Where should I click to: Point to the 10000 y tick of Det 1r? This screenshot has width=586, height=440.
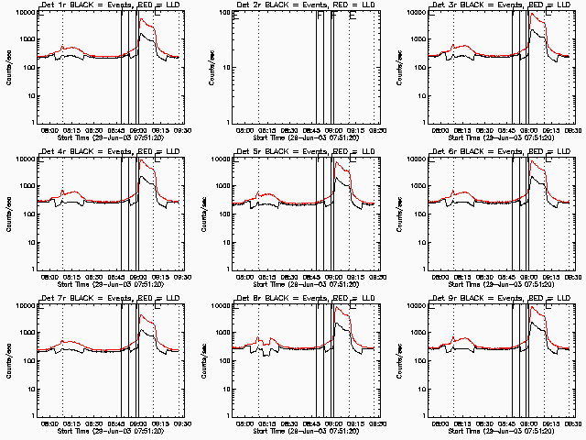(x=24, y=13)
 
